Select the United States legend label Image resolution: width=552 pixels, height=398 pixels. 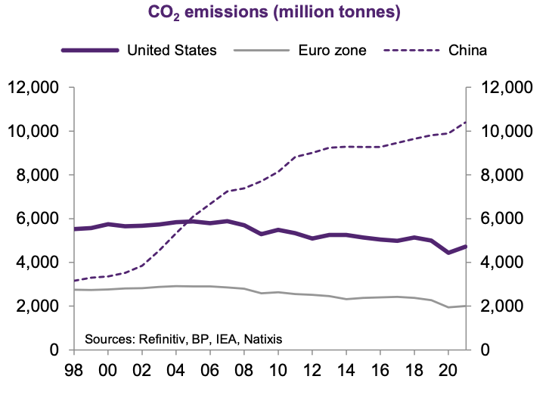pos(172,50)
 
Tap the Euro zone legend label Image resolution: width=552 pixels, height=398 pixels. pos(332,50)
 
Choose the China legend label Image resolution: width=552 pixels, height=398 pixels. pos(467,50)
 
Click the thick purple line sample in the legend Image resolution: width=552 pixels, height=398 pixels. pos(89,50)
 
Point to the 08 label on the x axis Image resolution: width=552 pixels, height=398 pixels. pos(245,373)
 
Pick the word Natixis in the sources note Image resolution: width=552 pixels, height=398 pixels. pos(264,338)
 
